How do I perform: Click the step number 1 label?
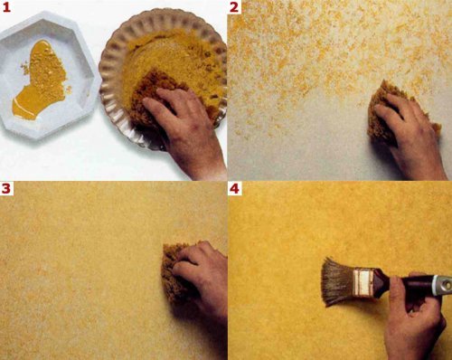click(6, 7)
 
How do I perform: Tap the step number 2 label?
click(234, 7)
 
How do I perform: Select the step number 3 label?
click(6, 188)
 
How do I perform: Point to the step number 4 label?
click(234, 188)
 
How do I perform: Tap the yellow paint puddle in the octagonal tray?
click(41, 80)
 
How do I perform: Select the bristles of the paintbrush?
click(337, 282)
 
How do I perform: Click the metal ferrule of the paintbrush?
click(363, 282)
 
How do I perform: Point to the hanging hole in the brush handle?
click(448, 284)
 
